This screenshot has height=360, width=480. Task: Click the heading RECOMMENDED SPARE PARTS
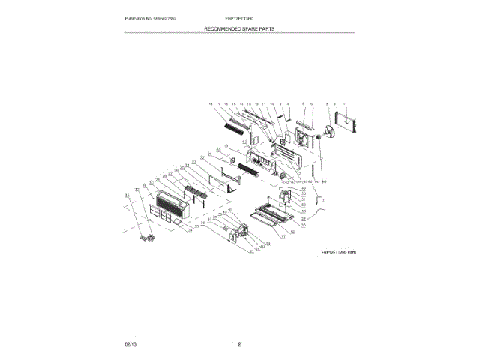[239, 28]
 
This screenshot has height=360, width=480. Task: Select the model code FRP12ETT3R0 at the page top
[239, 18]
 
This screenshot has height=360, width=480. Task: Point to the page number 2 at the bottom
[239, 343]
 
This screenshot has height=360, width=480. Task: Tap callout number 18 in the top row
[211, 104]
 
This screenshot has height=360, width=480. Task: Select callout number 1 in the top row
[343, 104]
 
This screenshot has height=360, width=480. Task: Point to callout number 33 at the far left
[127, 194]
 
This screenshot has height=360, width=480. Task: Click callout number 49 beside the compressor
[304, 189]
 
